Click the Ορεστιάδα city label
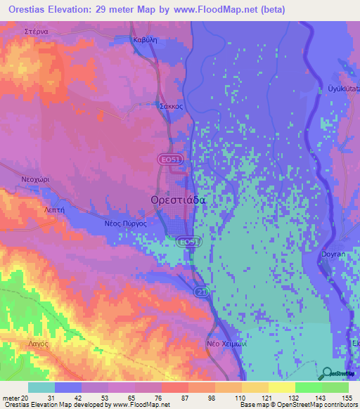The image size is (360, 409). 178,200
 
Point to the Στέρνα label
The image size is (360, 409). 35,32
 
